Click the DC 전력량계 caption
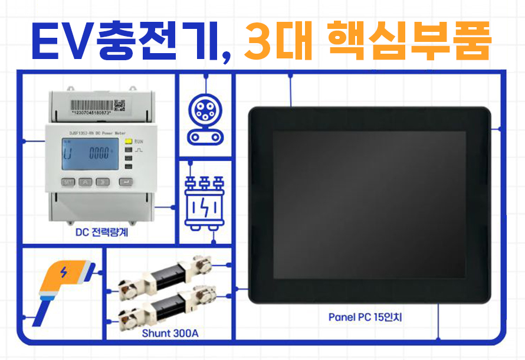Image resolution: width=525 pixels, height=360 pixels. point(102,233)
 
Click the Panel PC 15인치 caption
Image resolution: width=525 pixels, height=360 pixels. point(365,317)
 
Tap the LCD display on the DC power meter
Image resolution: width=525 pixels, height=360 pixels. point(90,155)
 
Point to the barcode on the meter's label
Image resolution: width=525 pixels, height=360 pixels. point(88,103)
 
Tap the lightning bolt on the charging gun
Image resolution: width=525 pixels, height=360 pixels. point(64,273)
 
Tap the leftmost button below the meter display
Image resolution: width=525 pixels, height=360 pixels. point(68,182)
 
